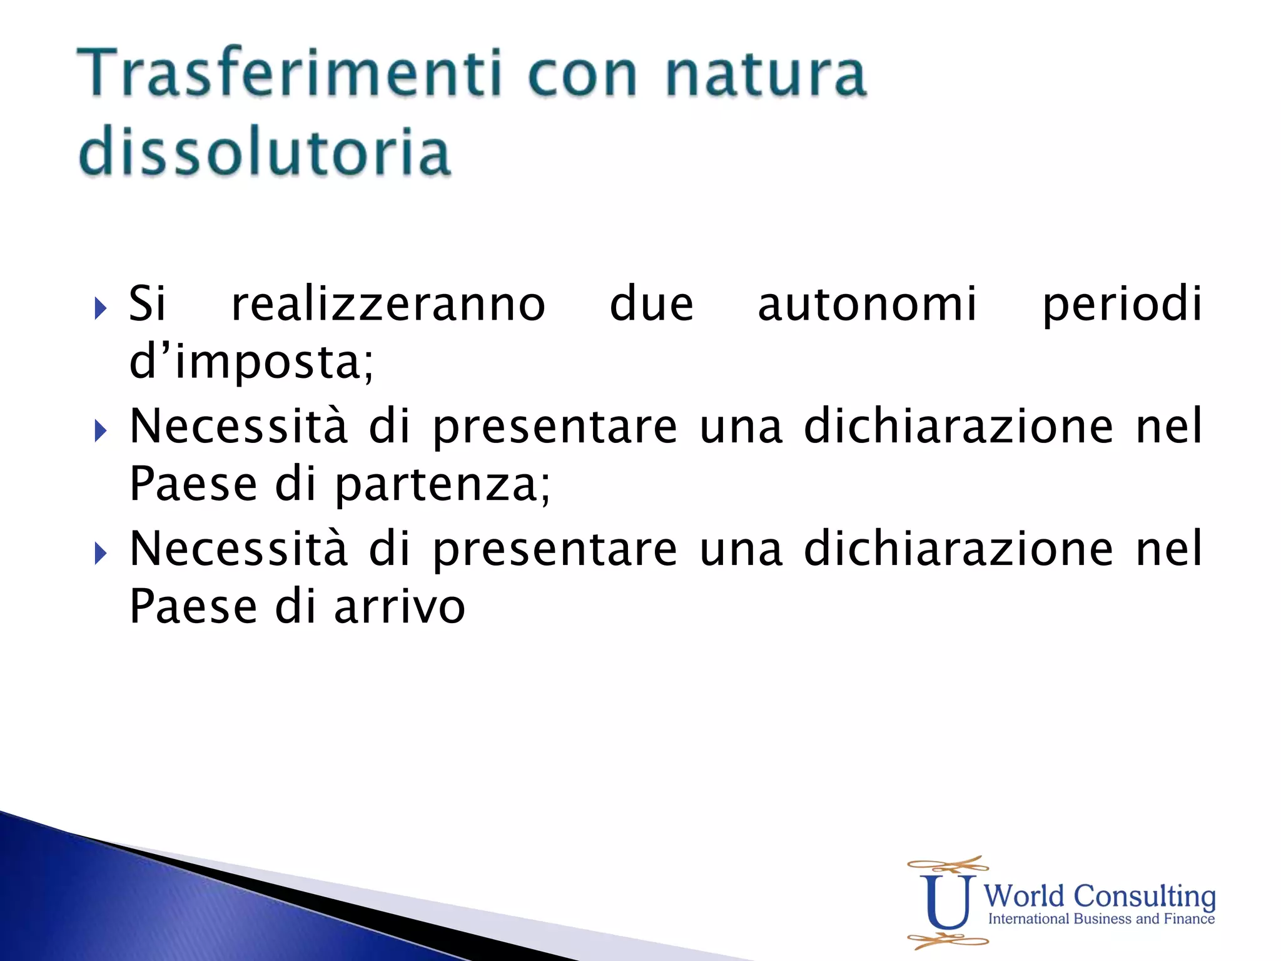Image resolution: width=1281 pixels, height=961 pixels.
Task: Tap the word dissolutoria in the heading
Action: (264, 151)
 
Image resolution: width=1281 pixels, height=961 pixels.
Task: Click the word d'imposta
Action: (251, 363)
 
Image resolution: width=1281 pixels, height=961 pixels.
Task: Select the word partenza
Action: (442, 485)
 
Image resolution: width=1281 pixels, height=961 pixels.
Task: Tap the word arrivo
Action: (400, 607)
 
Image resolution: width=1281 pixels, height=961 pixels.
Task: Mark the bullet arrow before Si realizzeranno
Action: (100, 308)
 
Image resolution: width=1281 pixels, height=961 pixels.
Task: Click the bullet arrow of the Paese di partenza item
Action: (100, 430)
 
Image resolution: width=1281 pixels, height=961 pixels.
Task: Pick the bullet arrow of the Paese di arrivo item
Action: (100, 553)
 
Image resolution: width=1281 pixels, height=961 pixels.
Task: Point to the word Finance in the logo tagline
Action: (1188, 918)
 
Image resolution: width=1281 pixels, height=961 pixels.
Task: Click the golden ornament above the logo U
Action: (948, 865)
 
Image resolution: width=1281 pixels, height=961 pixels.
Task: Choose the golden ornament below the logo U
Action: (948, 940)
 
